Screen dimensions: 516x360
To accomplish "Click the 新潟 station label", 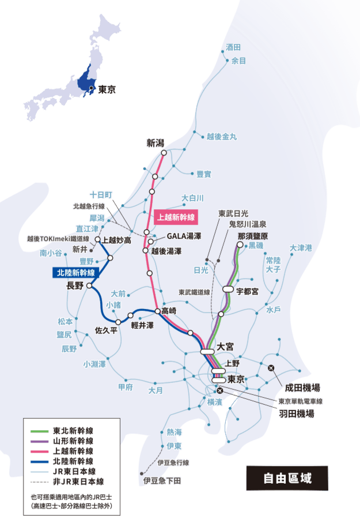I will pos(156,142).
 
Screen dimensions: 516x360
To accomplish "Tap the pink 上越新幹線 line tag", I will pos(176,217).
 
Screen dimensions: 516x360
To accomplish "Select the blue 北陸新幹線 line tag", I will pos(75,272).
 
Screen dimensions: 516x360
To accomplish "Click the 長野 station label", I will pos(75,285).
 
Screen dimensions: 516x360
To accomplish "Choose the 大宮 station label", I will pos(226,346).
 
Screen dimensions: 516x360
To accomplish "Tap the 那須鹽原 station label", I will pos(253,236).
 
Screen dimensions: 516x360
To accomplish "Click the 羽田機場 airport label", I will pos(297,413).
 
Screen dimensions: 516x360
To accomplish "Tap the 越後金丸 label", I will pos(221,137).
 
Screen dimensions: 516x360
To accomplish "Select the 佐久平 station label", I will pos(106,331).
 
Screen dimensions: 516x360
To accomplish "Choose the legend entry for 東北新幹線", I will pos(73,430).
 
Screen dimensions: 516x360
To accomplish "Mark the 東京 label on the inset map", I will pos(107,89).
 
